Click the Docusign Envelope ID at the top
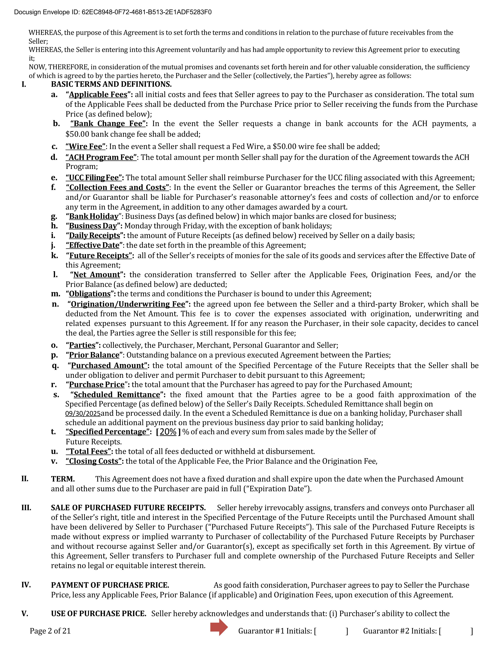pyautogui.click(x=113, y=12)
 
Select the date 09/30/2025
pyautogui.click(x=83, y=414)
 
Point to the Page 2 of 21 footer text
pyautogui.click(x=50, y=631)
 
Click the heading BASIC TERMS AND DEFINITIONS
pyautogui.click(x=111, y=84)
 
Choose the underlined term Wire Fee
pyautogui.click(x=86, y=146)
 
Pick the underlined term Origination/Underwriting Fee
pyautogui.click(x=128, y=304)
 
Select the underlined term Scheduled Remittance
pyautogui.click(x=117, y=395)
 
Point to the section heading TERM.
pyautogui.click(x=63, y=479)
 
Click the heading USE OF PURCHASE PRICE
pyautogui.click(x=98, y=614)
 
